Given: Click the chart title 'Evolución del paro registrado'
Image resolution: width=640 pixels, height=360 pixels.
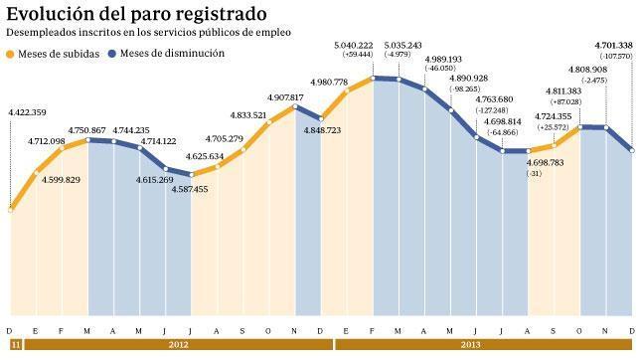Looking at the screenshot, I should [x=136, y=14].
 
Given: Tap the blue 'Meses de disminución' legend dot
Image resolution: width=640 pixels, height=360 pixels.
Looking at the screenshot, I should [x=112, y=54].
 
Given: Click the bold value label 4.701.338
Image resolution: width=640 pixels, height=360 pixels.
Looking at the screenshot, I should [x=610, y=46].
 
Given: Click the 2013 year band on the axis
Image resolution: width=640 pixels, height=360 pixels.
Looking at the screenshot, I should [x=485, y=345].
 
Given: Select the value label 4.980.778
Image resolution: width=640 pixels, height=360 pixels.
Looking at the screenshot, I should [x=329, y=82].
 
